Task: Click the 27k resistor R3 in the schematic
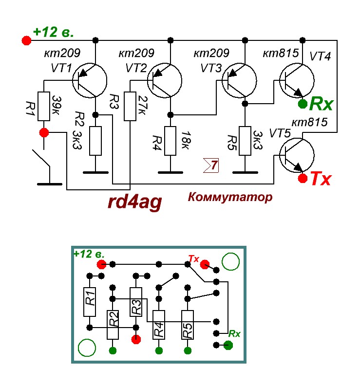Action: click(130, 106)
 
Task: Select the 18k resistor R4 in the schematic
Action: click(170, 141)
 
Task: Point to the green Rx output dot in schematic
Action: click(302, 103)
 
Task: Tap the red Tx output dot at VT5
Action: click(303, 178)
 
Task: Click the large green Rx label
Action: click(322, 104)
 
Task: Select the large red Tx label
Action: click(321, 179)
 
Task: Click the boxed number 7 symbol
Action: click(211, 165)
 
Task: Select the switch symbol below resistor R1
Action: click(42, 161)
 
